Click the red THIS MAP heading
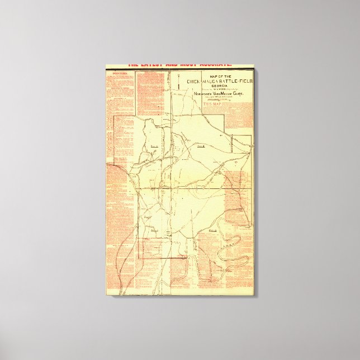[x=213, y=105]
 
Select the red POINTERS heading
[x=120, y=73]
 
